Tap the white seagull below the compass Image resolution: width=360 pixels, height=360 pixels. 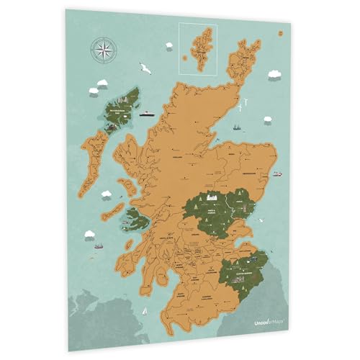coord(145,69)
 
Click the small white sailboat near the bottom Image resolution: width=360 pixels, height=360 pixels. coord(145,311)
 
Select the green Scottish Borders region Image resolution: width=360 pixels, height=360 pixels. coord(243,270)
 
